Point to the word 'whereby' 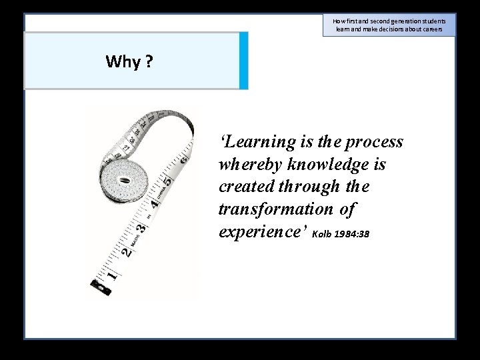251,164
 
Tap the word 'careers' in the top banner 431,29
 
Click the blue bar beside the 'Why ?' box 243,61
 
